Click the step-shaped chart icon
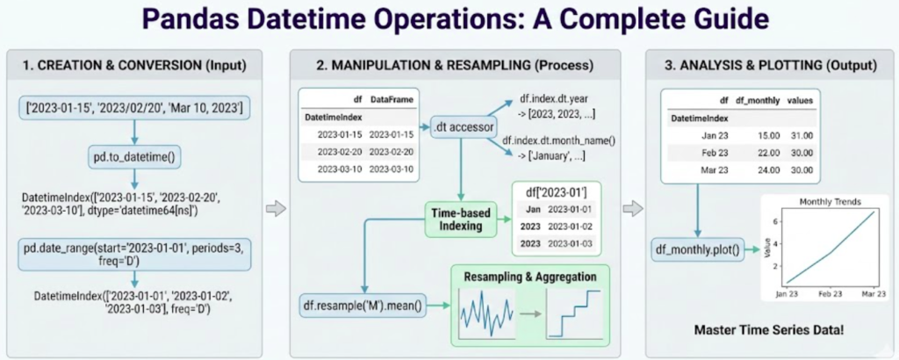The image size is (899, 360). click(x=576, y=313)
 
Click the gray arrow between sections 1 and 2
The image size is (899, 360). click(x=276, y=208)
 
